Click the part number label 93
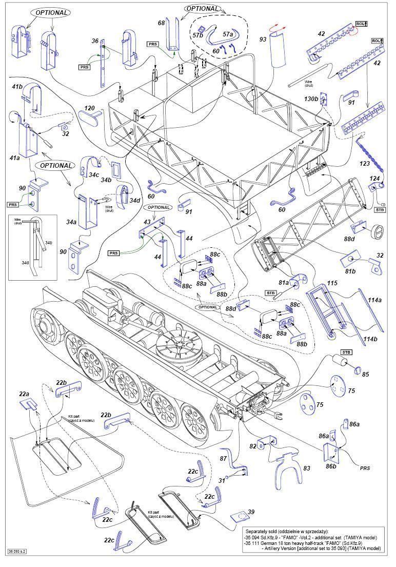coord(263,40)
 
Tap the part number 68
coord(161,23)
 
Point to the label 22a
coord(24,394)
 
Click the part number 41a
coord(14,159)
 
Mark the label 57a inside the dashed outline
coord(228,34)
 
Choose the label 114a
coord(374,301)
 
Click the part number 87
coord(223,458)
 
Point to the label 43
coord(147,221)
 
